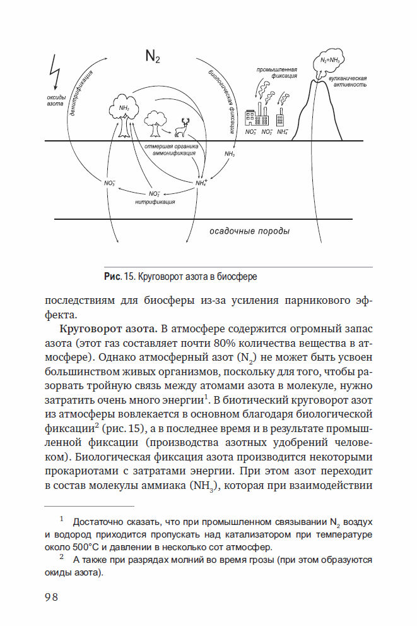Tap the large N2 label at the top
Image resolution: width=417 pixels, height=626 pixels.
coord(153,57)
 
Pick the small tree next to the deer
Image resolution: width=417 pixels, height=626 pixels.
coord(154,122)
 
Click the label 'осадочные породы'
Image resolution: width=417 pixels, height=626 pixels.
coord(249,231)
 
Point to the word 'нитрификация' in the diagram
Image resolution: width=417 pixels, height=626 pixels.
coord(155,202)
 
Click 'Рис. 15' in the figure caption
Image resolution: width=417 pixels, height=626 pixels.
coord(119,277)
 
